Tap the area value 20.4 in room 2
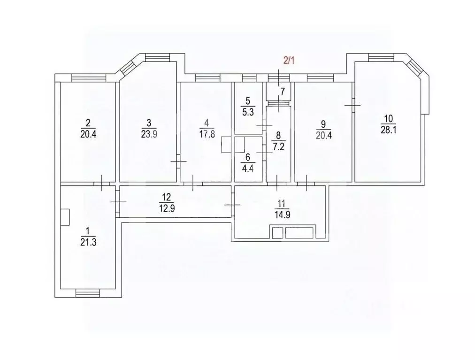(x=88, y=134)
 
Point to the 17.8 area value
(x=205, y=134)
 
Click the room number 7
(x=282, y=91)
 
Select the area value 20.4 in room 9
(x=323, y=134)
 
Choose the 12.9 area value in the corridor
(x=167, y=209)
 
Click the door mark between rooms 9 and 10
(x=352, y=105)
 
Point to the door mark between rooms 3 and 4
(x=178, y=161)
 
